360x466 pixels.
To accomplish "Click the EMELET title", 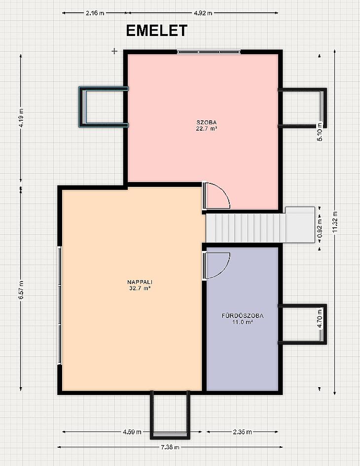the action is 157,31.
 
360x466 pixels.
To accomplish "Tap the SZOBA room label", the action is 206,122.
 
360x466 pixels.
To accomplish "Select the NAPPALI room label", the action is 140,282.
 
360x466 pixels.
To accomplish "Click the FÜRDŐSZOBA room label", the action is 243,316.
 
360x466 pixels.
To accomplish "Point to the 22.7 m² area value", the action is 206,128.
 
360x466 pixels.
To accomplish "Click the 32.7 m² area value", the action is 140,288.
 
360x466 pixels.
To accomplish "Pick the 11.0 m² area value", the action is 243,322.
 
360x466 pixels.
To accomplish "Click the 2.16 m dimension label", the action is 95,13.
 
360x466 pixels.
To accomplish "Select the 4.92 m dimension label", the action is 203,13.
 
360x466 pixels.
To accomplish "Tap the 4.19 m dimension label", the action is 21,118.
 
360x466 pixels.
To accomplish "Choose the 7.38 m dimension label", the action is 170,447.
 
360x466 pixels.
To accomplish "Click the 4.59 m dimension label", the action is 132,432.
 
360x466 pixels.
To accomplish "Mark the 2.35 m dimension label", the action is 243,432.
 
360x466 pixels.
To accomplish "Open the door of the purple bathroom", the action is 216,265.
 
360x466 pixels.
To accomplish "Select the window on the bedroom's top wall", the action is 209,52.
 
